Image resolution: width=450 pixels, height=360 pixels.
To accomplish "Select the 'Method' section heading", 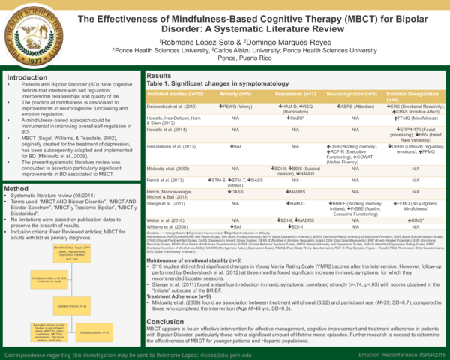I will (17, 188).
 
